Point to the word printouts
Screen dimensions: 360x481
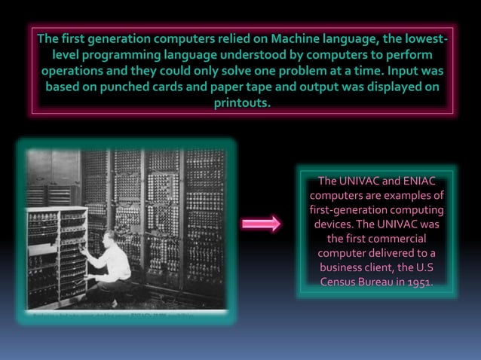(241, 103)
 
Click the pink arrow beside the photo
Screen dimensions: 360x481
(261, 224)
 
